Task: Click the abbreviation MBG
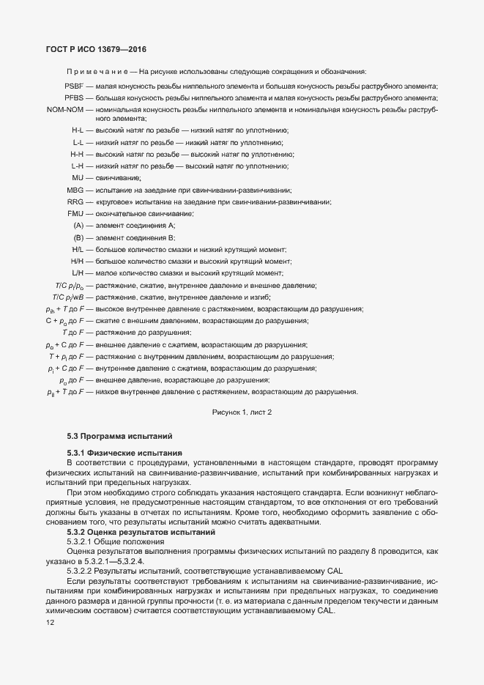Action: (x=75, y=190)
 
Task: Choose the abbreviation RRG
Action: (x=75, y=201)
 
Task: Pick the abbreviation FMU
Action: (x=75, y=213)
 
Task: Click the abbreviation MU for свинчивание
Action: (x=78, y=178)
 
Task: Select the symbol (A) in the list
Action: (x=78, y=225)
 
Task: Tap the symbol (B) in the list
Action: (x=78, y=237)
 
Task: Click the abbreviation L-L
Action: (x=78, y=142)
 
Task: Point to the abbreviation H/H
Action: (x=77, y=261)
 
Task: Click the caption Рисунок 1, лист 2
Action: (x=242, y=413)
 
